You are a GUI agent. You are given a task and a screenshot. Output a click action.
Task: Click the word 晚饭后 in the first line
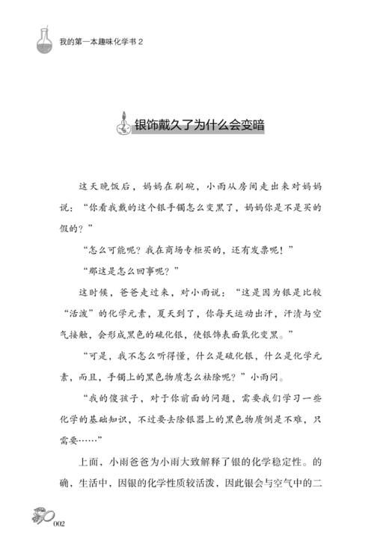(112, 184)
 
